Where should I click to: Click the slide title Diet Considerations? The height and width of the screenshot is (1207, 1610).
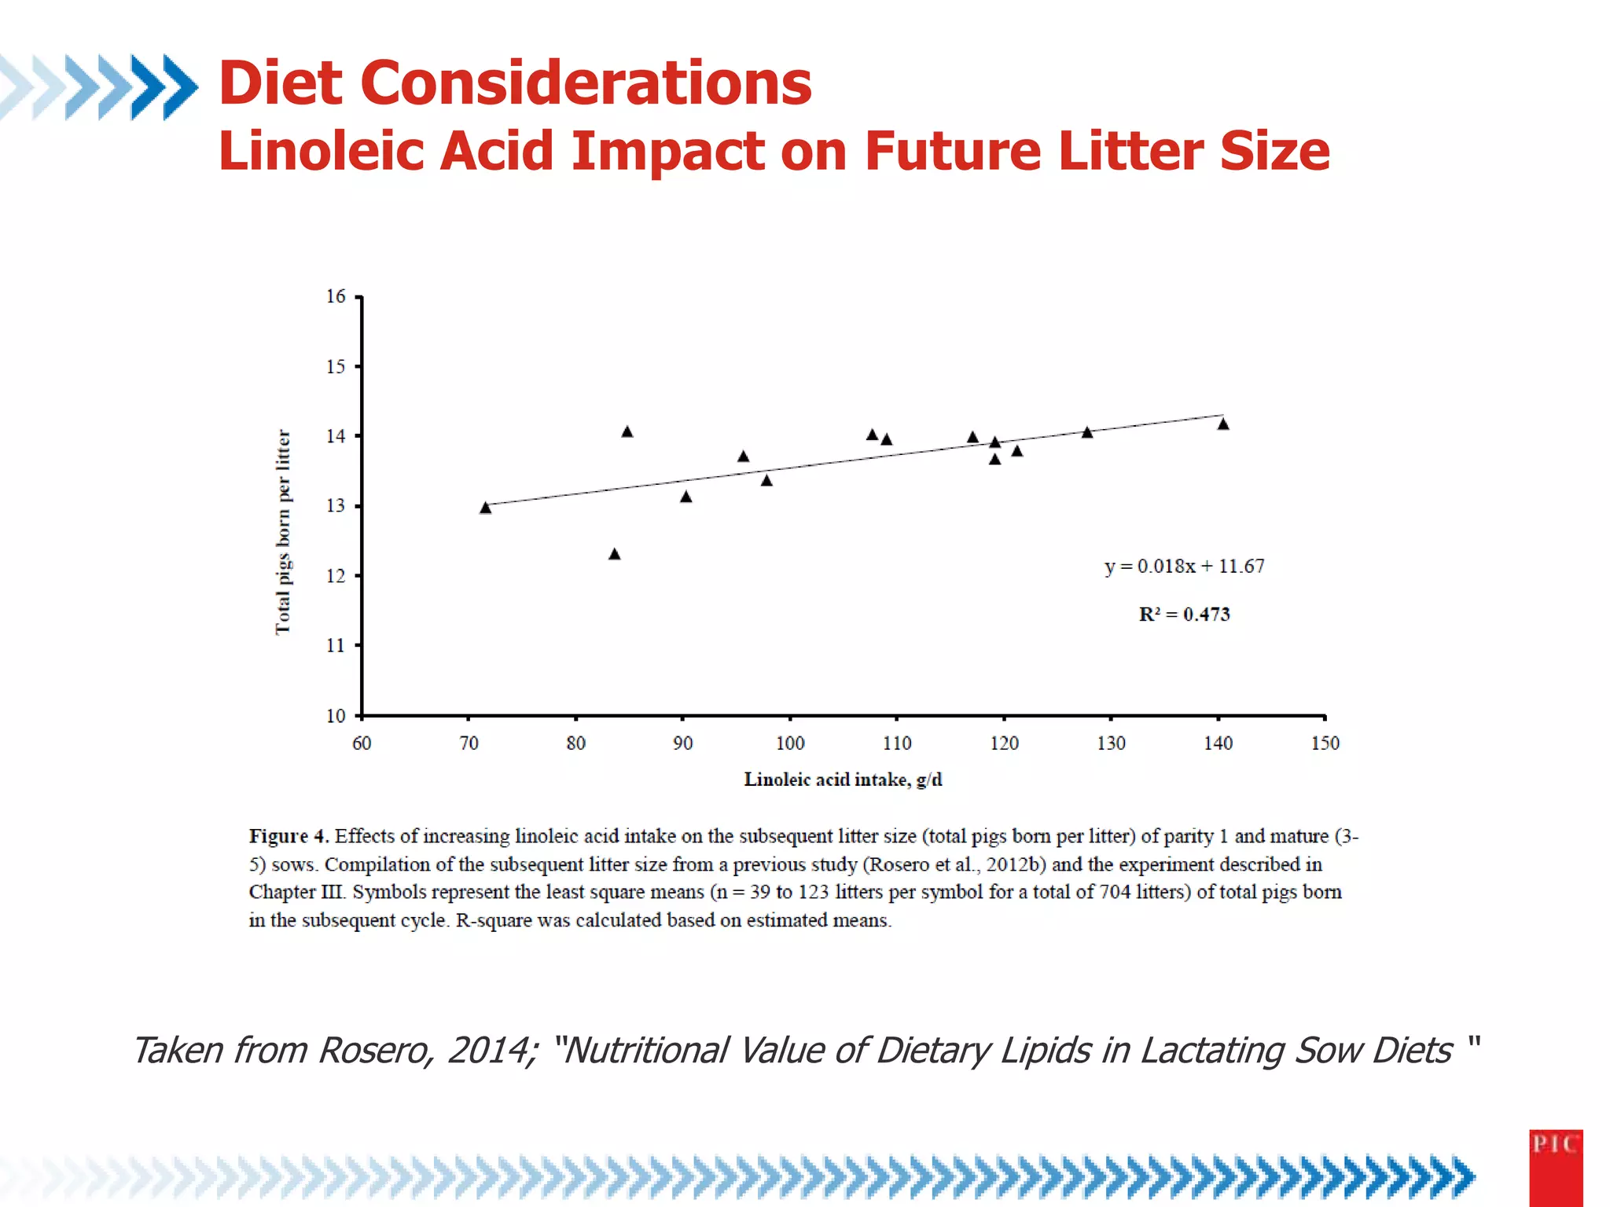click(515, 83)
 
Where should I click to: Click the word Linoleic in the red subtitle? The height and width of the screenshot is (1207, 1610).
click(321, 151)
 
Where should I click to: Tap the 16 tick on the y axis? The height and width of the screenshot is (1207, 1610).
click(336, 296)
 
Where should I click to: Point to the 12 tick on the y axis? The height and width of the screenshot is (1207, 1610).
click(336, 576)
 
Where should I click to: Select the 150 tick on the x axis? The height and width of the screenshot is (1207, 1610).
click(1325, 743)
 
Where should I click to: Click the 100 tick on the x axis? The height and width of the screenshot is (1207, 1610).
click(789, 743)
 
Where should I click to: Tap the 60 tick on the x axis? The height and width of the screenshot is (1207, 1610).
click(362, 743)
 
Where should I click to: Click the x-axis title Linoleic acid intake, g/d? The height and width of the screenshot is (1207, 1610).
click(843, 780)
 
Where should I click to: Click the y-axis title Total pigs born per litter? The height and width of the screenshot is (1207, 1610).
click(283, 532)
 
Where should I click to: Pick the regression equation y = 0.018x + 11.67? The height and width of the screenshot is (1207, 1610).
click(1184, 567)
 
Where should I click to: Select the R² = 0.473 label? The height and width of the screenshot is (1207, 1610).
click(1184, 615)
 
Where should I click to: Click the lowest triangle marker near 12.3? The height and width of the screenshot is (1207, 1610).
click(615, 555)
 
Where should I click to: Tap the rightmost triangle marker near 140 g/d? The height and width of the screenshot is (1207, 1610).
click(1223, 424)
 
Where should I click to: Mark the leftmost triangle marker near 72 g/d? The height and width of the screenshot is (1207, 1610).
click(485, 508)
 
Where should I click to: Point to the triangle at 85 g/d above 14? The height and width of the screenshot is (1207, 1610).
click(627, 432)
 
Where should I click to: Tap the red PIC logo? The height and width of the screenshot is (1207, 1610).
click(1555, 1166)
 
